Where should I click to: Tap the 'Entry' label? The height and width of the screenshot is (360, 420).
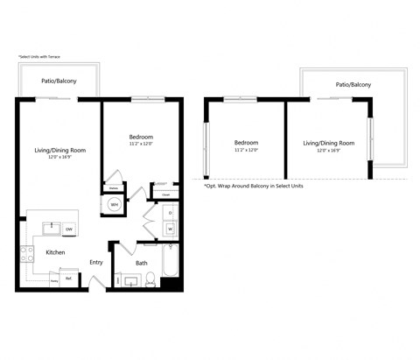tap(95, 262)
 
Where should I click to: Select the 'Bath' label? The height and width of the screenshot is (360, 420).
tap(141, 262)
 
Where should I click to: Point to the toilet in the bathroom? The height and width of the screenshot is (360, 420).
tap(150, 279)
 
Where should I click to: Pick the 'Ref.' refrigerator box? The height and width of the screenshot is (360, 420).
tap(67, 279)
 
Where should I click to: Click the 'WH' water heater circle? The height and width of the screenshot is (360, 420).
tap(115, 205)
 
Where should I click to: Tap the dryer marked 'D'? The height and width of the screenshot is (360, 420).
tap(170, 213)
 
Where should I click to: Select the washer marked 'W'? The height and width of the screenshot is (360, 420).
tap(170, 229)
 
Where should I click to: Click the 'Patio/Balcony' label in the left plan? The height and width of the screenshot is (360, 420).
tap(58, 81)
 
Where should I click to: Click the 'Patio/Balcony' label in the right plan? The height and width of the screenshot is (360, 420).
tap(353, 85)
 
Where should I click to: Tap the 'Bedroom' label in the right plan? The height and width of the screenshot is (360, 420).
tap(246, 143)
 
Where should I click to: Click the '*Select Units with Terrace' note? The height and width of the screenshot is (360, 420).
tap(42, 56)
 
